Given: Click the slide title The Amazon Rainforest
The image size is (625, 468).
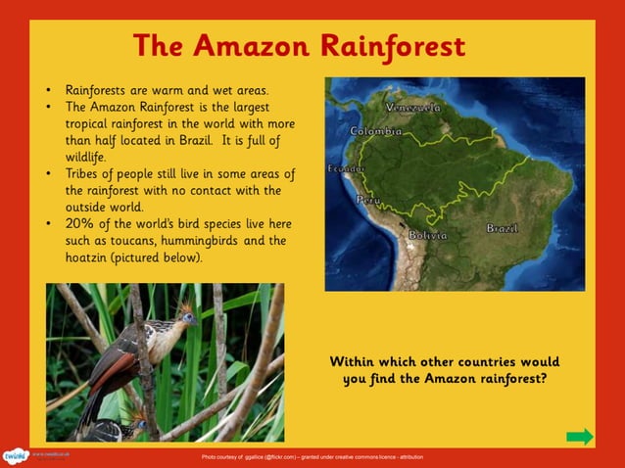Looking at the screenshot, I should [x=299, y=45].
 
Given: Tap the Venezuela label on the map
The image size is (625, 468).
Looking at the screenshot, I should [x=412, y=106].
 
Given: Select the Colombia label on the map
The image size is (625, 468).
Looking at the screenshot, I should [x=376, y=130].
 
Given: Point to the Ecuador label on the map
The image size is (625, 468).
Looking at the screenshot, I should [x=345, y=168].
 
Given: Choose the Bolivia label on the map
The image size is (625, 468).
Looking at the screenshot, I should [x=427, y=235].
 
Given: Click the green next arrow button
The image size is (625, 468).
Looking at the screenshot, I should [x=580, y=437].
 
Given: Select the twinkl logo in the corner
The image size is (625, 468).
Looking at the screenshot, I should [x=15, y=456].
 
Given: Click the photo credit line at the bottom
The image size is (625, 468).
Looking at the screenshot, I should [x=312, y=457].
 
